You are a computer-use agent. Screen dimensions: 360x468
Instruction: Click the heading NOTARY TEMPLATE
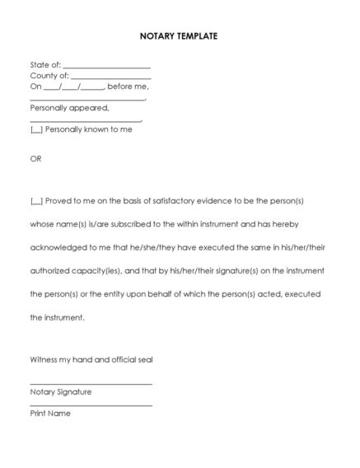180,37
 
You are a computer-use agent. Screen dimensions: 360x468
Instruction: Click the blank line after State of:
106,66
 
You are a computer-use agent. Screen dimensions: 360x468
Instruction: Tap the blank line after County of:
110,77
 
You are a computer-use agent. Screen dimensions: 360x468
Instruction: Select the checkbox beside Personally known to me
36,129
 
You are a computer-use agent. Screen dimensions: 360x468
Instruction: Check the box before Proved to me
36,201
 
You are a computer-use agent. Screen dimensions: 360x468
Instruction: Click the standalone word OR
35,159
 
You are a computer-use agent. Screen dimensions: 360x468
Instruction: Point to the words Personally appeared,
69,108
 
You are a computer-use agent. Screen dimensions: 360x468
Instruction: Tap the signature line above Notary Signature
91,384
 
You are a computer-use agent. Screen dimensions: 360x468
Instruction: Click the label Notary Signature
61,392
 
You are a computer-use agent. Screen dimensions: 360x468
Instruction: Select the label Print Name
50,414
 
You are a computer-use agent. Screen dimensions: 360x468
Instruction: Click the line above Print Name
91,405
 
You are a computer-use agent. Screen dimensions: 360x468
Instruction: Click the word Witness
44,359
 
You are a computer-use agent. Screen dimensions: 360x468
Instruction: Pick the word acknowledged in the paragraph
58,247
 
